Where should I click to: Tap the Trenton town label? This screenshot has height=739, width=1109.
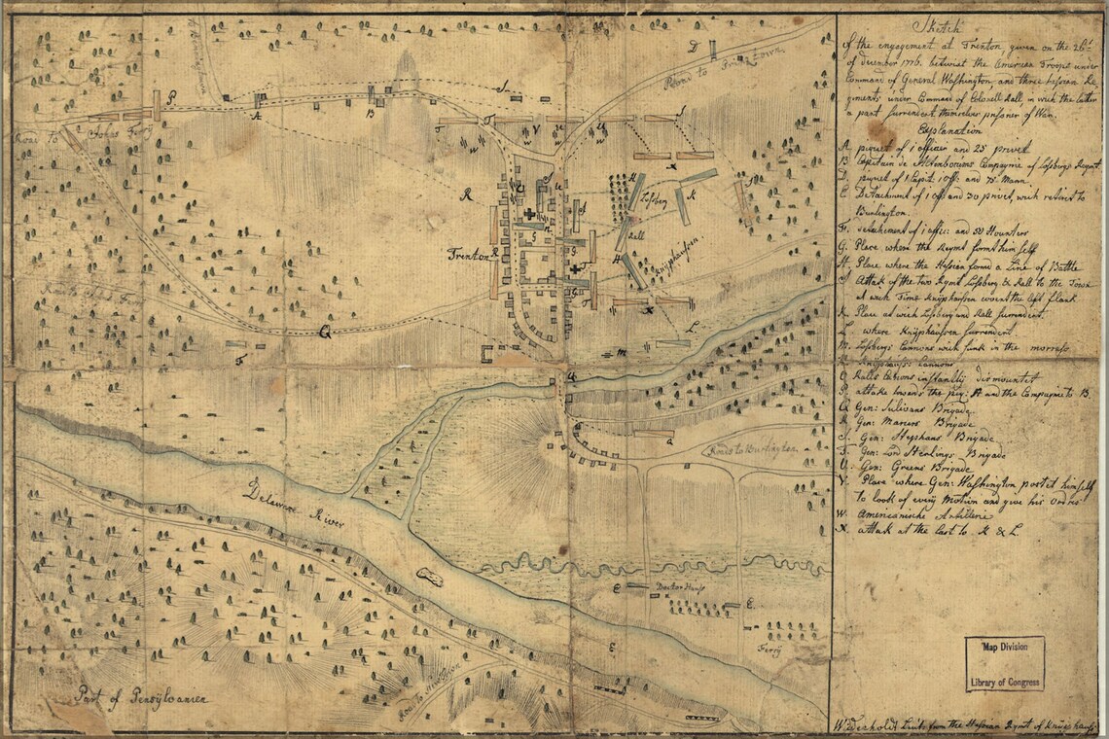[x=467, y=255]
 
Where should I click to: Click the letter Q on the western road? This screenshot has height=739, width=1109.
[x=326, y=331]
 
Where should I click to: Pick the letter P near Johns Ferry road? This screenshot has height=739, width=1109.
[x=171, y=97]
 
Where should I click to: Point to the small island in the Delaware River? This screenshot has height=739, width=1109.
[x=427, y=577]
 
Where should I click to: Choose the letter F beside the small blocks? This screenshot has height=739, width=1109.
[x=237, y=360]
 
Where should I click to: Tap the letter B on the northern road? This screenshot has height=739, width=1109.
[x=370, y=113]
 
